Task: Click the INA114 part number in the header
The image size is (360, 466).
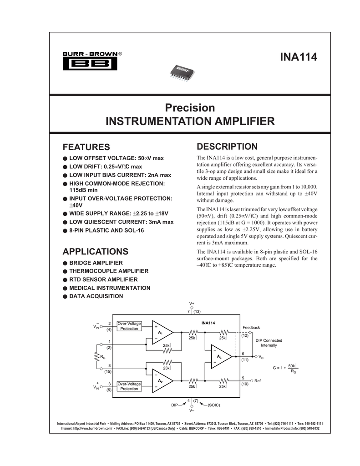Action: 298,58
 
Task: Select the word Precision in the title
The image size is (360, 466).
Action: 190,108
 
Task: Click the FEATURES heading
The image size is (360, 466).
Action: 86,147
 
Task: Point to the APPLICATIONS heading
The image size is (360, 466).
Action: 95,252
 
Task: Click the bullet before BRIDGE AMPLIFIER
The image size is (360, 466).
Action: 65,263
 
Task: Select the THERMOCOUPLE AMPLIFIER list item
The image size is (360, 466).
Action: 102,271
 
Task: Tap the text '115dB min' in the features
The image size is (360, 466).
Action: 83,190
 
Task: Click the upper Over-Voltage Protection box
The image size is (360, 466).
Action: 129,326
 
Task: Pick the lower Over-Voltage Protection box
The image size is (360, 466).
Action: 129,386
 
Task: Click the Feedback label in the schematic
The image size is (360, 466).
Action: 251,328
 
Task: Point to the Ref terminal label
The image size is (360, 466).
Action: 258,380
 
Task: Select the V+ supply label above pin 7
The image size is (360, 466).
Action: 192,303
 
